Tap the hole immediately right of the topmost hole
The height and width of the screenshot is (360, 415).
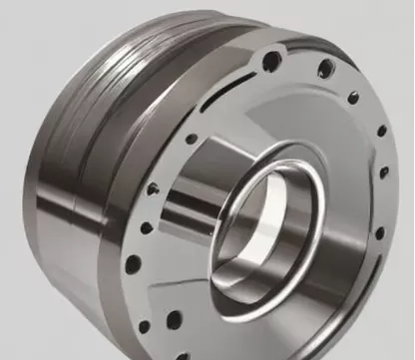[324, 70]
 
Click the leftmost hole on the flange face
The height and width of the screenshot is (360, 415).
[132, 264]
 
